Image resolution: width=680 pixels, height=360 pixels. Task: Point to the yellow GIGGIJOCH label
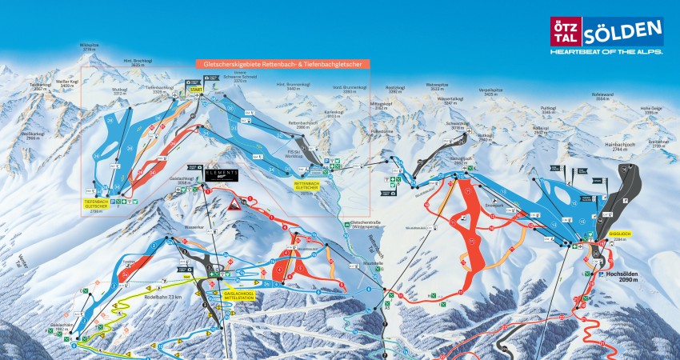598,235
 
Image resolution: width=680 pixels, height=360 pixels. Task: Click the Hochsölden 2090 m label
621,275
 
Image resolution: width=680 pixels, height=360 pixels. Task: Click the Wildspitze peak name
94,46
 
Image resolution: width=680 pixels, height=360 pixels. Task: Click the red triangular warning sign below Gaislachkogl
238,205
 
